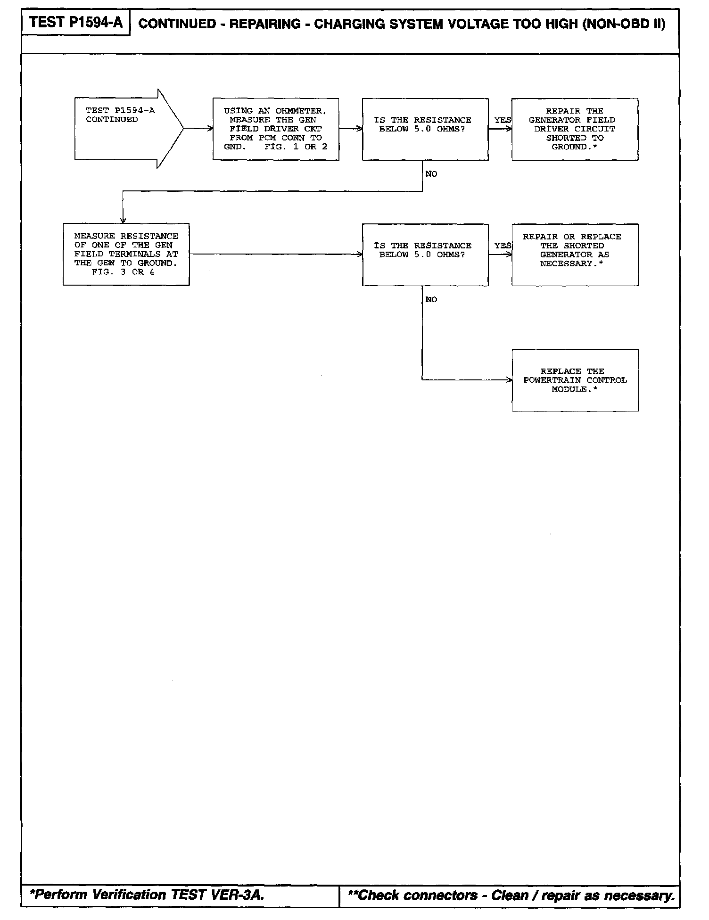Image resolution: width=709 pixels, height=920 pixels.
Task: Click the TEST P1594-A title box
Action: point(75,22)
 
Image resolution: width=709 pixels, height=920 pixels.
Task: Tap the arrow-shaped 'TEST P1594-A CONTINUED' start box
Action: point(123,128)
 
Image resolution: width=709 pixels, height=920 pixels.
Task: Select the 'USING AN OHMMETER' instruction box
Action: point(275,129)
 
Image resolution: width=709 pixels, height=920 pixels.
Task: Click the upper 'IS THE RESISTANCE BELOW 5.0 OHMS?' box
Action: point(425,129)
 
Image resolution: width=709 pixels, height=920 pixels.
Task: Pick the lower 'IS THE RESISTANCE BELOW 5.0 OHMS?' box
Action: point(425,255)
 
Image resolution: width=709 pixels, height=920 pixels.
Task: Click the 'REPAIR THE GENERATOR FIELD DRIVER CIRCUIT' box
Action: point(575,129)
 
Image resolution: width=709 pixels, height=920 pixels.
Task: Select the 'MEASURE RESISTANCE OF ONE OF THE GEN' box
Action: point(126,254)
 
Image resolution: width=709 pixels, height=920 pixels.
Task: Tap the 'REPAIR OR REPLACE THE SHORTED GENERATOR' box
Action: point(575,255)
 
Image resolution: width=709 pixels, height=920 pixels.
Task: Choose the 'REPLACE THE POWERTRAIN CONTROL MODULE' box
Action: point(575,380)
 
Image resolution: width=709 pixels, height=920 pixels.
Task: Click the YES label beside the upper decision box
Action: point(503,120)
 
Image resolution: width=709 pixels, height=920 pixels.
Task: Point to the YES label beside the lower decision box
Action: point(503,246)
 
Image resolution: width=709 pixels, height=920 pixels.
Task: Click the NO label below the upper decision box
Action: point(431,174)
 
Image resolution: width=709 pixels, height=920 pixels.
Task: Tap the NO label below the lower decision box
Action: point(431,299)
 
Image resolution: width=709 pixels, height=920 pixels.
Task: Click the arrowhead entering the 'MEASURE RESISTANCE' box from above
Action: point(123,220)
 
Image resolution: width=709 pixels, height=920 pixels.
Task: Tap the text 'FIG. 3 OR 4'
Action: point(123,272)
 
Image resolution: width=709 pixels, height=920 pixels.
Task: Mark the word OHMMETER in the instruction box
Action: point(300,111)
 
